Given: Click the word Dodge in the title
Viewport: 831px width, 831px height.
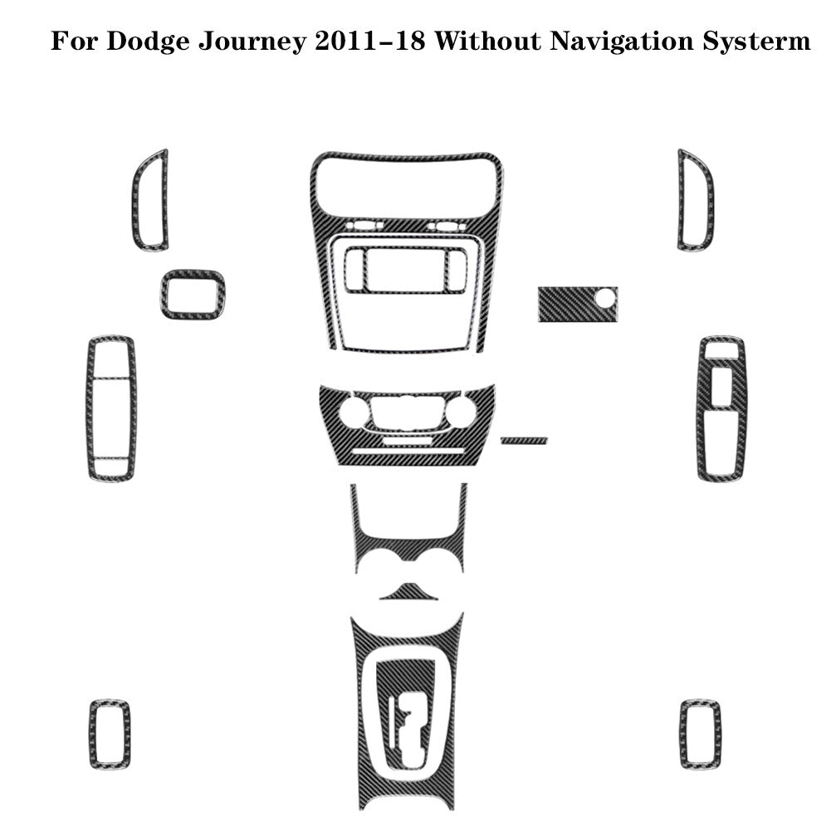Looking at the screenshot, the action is click(x=147, y=42).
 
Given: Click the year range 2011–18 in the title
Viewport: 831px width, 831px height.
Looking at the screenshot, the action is click(x=370, y=42).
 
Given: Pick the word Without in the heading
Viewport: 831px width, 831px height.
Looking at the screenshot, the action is click(x=487, y=42).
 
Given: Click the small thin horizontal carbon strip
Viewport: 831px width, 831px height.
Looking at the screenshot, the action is click(x=524, y=441).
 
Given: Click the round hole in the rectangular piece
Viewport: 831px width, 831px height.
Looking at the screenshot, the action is click(x=604, y=298).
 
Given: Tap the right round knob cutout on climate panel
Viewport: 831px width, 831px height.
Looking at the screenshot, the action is click(x=461, y=413).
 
